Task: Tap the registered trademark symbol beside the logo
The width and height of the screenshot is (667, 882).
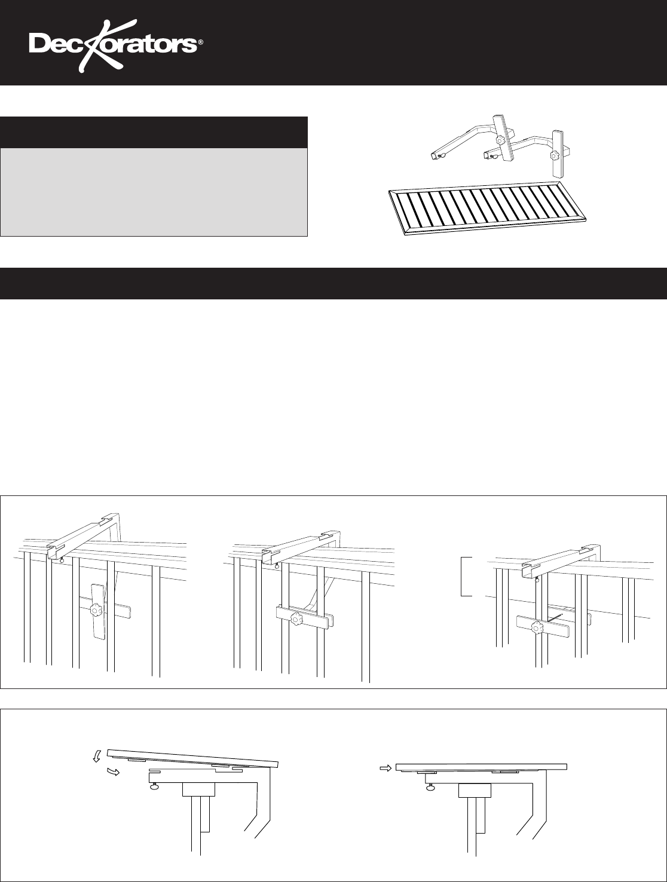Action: tap(200, 42)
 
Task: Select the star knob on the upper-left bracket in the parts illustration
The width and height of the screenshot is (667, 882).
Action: tap(500, 140)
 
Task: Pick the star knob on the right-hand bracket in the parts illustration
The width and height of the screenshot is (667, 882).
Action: tap(555, 155)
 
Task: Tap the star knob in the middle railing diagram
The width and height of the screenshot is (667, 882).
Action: tap(296, 618)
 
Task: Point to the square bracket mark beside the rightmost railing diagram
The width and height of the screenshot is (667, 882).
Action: tap(466, 577)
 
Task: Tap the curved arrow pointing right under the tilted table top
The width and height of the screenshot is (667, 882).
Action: tap(113, 772)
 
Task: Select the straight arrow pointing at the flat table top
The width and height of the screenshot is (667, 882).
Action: tap(385, 768)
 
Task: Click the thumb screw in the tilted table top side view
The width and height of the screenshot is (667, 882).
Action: tap(155, 786)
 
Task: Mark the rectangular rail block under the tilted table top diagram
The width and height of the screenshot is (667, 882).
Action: tap(199, 789)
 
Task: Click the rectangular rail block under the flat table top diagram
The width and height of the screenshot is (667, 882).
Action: tap(475, 791)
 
